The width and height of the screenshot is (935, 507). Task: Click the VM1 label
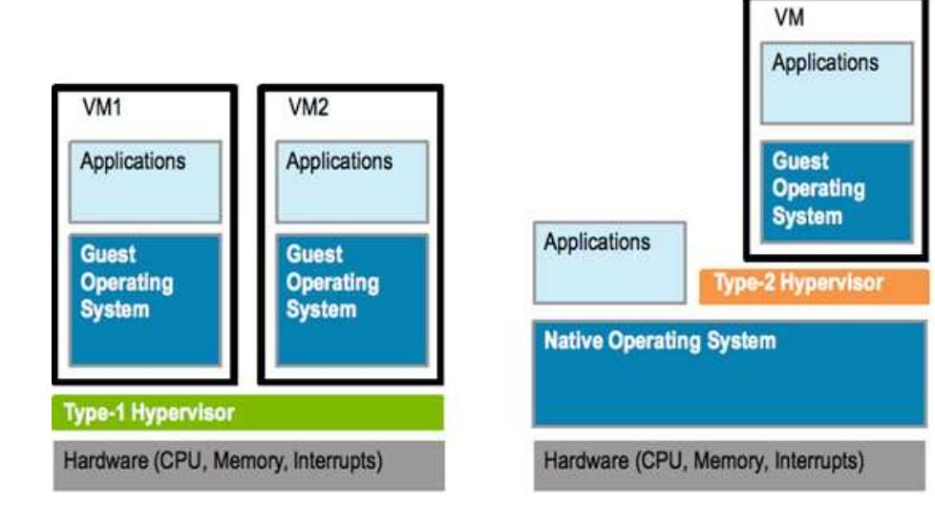point(100,109)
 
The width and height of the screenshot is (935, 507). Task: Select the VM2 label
point(308,109)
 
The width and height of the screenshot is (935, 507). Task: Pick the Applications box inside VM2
point(351,180)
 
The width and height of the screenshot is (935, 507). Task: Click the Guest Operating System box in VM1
point(145,299)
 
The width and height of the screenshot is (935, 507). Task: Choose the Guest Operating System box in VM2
point(351,299)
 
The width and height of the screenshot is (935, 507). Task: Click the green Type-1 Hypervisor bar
point(247,412)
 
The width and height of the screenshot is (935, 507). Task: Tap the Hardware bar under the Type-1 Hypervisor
point(247,462)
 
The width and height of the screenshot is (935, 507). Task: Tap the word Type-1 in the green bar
point(92,412)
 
